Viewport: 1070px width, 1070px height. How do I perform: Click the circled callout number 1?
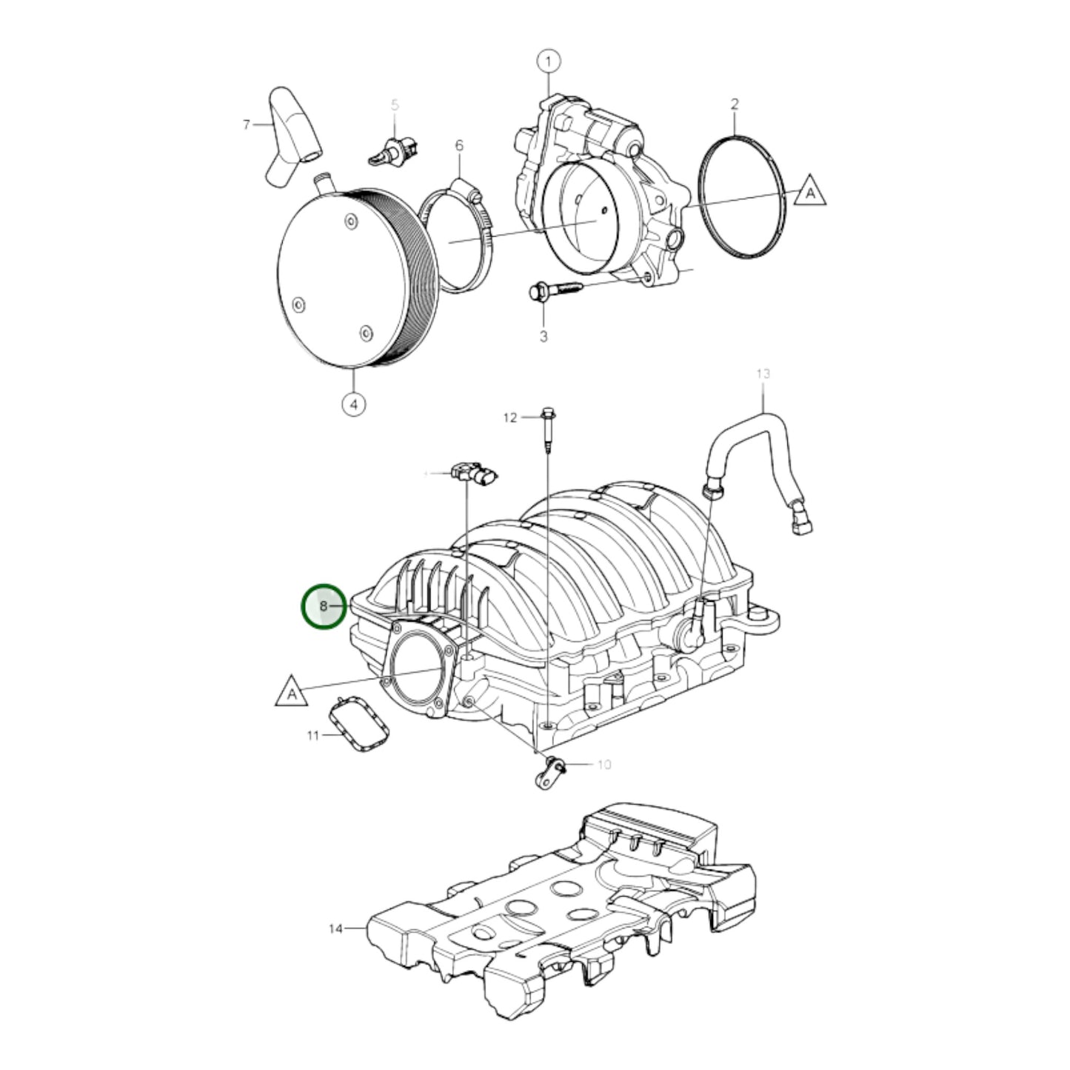(x=548, y=61)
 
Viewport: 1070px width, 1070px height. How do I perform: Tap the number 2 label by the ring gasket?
(x=734, y=104)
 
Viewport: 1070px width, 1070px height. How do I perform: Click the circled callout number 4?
(x=354, y=404)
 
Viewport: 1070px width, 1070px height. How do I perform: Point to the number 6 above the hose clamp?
(x=458, y=146)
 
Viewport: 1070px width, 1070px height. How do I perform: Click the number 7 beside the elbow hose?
(x=247, y=125)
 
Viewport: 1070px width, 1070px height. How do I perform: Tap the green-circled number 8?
(x=324, y=606)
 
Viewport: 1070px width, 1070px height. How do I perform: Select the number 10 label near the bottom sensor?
(x=603, y=764)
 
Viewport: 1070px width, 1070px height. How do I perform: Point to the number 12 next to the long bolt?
(x=509, y=418)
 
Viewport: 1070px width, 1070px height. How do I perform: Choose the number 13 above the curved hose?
(x=763, y=373)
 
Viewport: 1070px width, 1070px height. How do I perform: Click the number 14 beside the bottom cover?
(x=335, y=929)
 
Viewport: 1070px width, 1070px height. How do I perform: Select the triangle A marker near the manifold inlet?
(x=292, y=692)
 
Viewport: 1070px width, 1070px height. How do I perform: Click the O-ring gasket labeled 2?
(x=741, y=195)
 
